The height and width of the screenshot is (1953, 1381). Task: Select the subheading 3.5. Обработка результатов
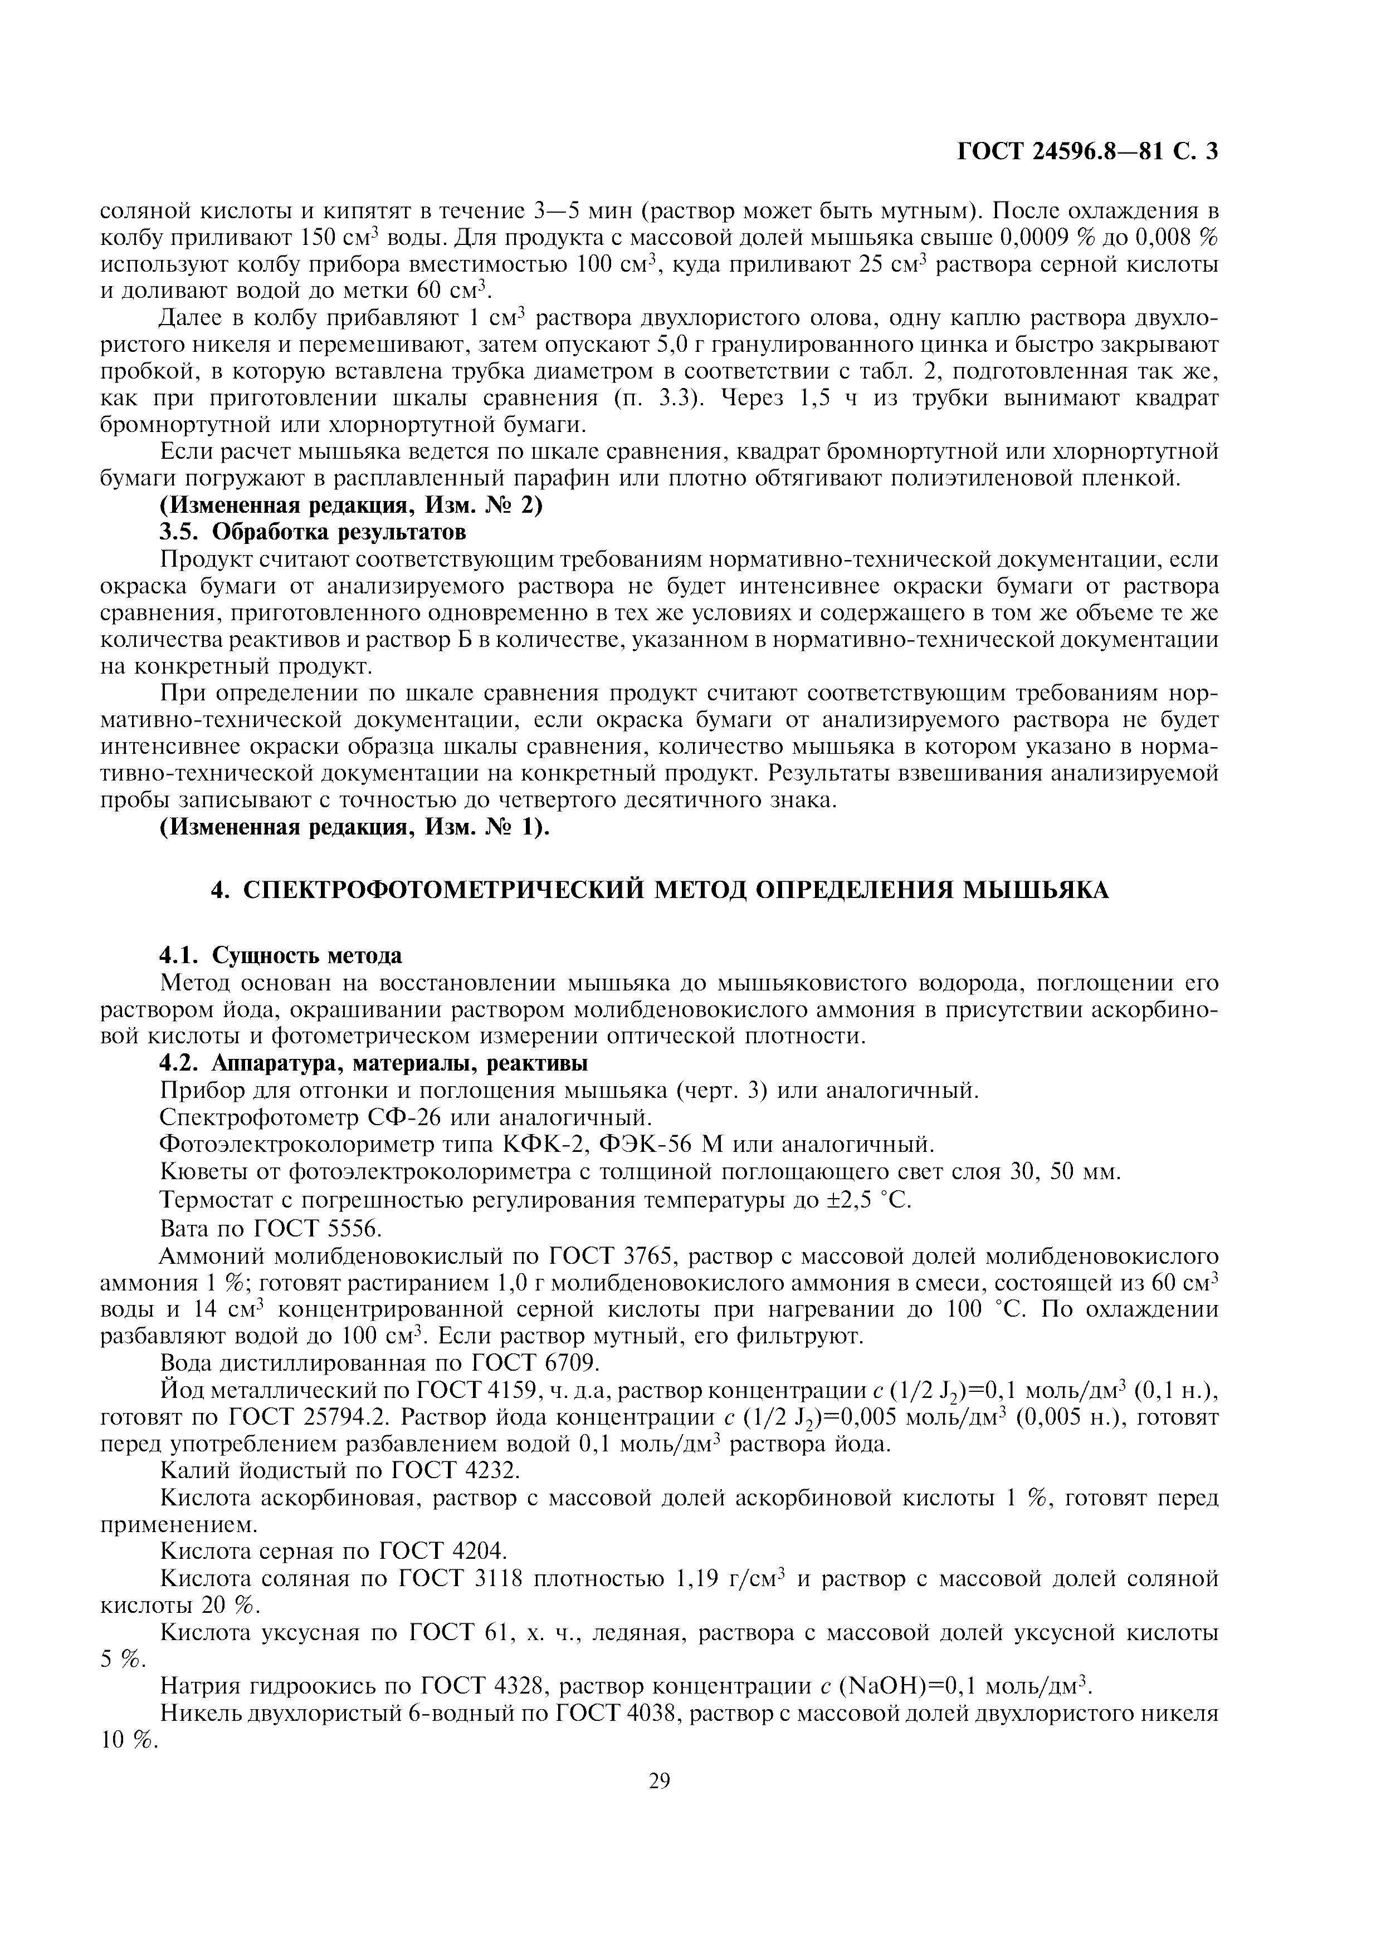[x=313, y=532]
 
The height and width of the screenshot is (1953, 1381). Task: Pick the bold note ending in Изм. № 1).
[x=355, y=828]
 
